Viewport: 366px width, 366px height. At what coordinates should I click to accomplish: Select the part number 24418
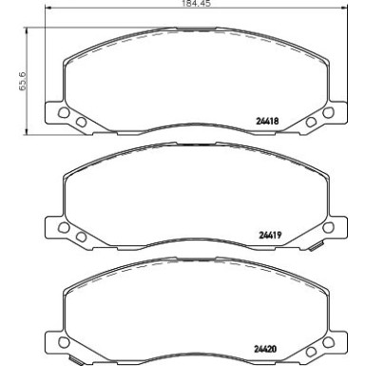click(273, 120)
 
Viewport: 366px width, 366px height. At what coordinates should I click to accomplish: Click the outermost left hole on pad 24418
click(64, 111)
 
